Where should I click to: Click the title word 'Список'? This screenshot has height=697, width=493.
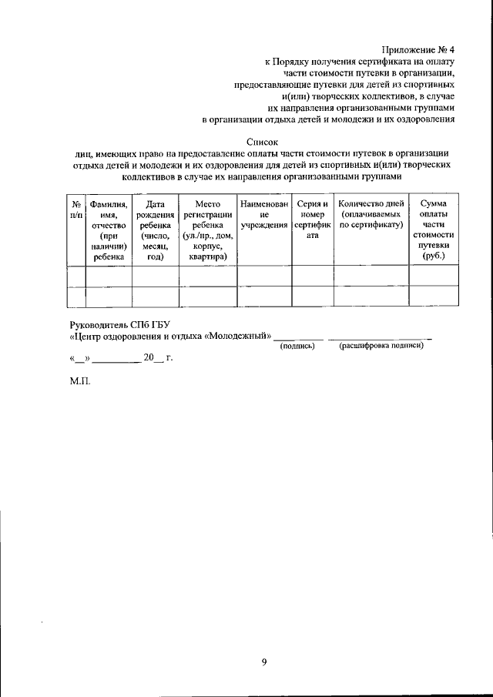tap(263, 142)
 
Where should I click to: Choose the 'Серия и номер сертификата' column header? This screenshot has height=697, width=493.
tap(312, 219)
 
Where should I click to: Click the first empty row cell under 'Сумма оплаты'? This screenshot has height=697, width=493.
tap(433, 276)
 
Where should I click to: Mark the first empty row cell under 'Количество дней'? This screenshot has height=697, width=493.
tap(371, 276)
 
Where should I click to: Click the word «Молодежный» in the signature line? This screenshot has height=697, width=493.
tap(238, 337)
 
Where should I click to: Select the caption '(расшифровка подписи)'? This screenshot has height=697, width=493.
tap(381, 346)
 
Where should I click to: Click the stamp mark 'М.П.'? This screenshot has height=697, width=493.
tap(80, 381)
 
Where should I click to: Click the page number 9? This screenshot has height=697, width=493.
tap(263, 662)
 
